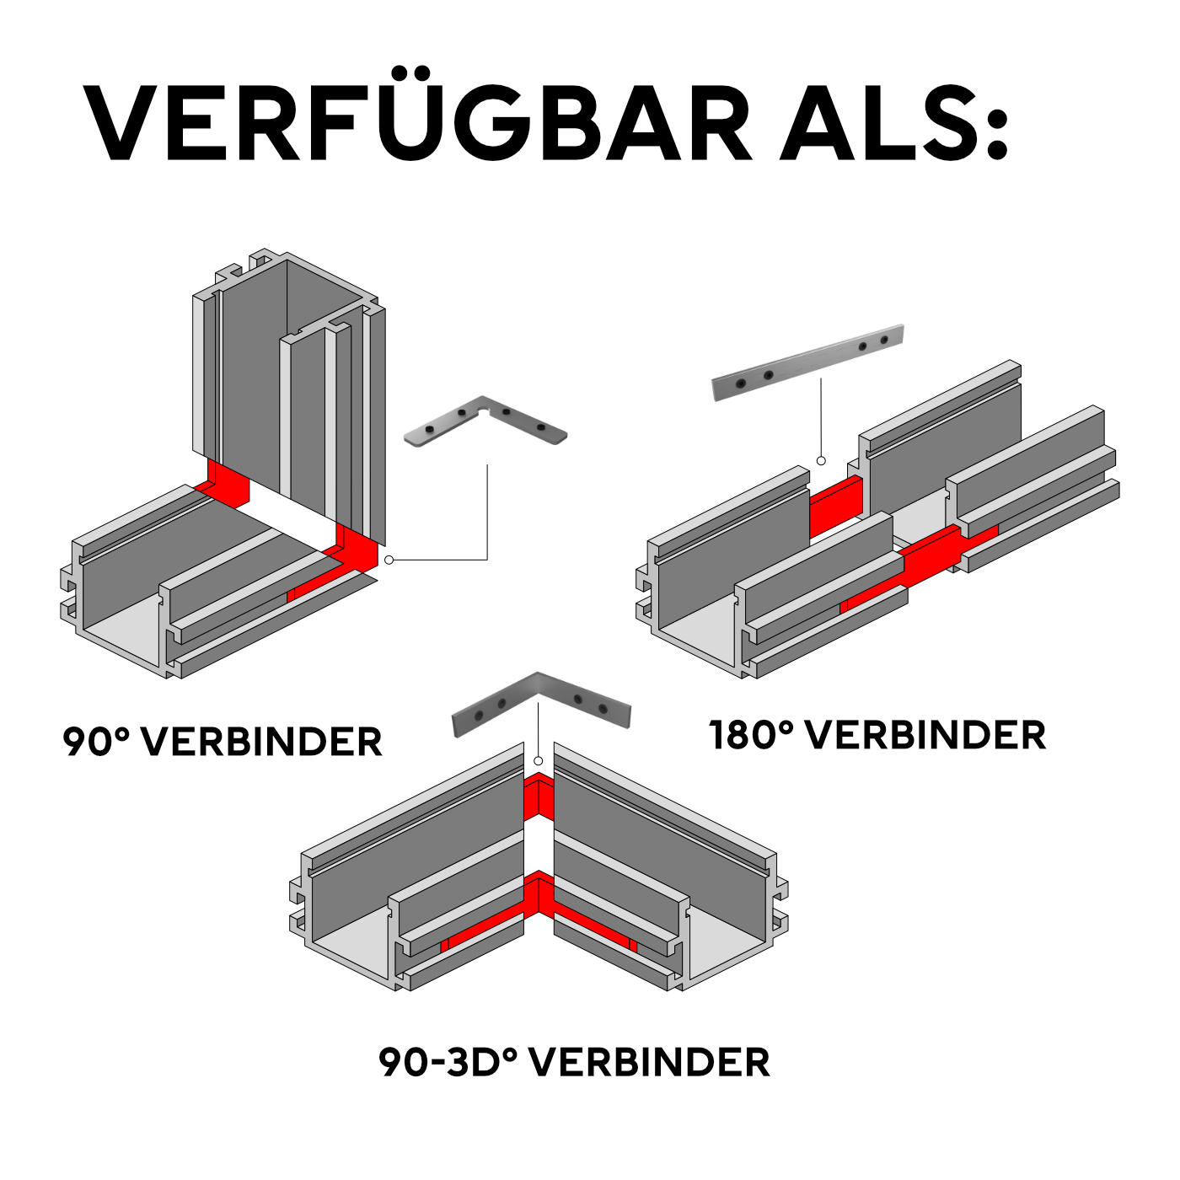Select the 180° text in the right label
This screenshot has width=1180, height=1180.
coord(751,735)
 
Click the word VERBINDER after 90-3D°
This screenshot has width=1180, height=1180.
coord(652,1062)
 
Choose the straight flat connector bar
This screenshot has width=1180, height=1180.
coord(807,362)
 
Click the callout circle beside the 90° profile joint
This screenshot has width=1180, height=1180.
coord(389,560)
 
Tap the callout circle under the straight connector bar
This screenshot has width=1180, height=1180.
coord(820,460)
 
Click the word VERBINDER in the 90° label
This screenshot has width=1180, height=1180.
coord(261,742)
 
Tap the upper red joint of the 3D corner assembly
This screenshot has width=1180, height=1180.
coord(539,797)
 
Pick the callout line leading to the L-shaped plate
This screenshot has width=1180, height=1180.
coord(487,514)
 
